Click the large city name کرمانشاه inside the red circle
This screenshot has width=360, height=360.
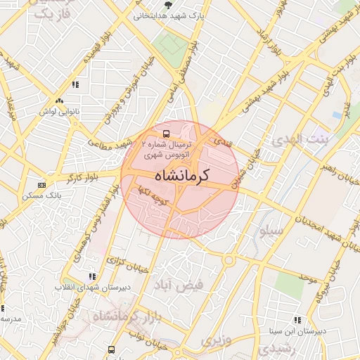180,174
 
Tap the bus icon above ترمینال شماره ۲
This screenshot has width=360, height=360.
166,132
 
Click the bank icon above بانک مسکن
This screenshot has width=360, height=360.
42,185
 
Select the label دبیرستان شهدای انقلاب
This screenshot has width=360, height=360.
89,288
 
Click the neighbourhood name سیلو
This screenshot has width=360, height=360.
271,231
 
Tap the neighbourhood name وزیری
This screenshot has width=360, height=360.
215,340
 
